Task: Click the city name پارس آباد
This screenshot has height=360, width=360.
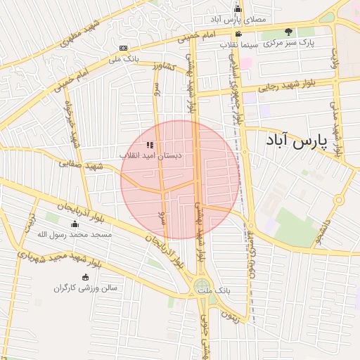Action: tap(297, 141)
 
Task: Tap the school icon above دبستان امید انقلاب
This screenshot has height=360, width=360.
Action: tap(149, 145)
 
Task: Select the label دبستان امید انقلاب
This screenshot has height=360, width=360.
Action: tap(149, 155)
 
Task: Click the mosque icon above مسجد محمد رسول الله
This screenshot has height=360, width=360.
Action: tap(75, 224)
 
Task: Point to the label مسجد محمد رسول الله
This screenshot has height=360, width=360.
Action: tap(75, 234)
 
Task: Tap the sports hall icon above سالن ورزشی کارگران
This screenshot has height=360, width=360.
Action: tap(86, 277)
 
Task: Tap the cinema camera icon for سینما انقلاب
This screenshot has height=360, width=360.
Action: tap(239, 33)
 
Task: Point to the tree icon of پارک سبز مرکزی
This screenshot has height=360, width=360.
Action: tap(288, 32)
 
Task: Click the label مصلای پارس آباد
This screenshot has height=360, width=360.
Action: tap(238, 19)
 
